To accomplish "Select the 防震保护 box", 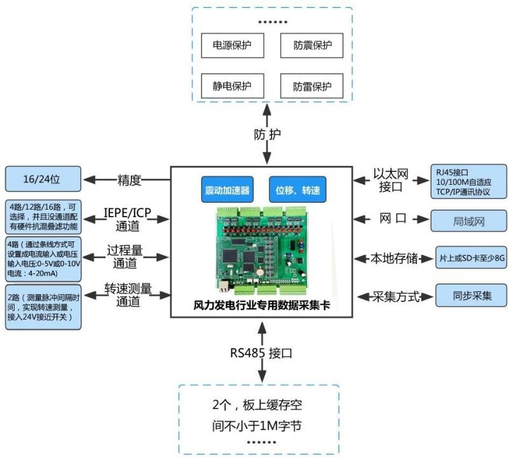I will click(x=312, y=46).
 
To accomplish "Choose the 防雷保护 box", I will click(x=312, y=86).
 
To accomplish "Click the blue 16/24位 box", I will click(x=43, y=179).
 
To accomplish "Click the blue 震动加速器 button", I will click(x=226, y=189).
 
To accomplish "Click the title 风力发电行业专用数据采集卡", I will click(x=261, y=305).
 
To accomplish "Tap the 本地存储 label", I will click(x=395, y=259).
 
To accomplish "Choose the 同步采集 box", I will click(x=472, y=296).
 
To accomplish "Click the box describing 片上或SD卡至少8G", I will click(x=470, y=259).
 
